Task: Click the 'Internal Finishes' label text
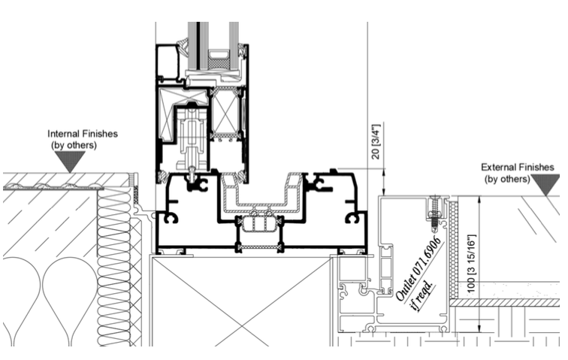tap(83, 134)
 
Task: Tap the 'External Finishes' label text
tap(517, 167)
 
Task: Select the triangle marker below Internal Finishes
tap(70, 162)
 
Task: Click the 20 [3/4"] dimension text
tap(376, 141)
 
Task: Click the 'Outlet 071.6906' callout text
tap(418, 268)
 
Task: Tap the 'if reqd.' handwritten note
tap(422, 295)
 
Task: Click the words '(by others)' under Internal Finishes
tap(74, 145)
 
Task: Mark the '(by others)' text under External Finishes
tap(507, 179)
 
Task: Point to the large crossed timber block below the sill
tap(242, 301)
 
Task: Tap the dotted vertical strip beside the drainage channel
tap(453, 247)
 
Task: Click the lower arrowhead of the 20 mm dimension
tap(384, 192)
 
